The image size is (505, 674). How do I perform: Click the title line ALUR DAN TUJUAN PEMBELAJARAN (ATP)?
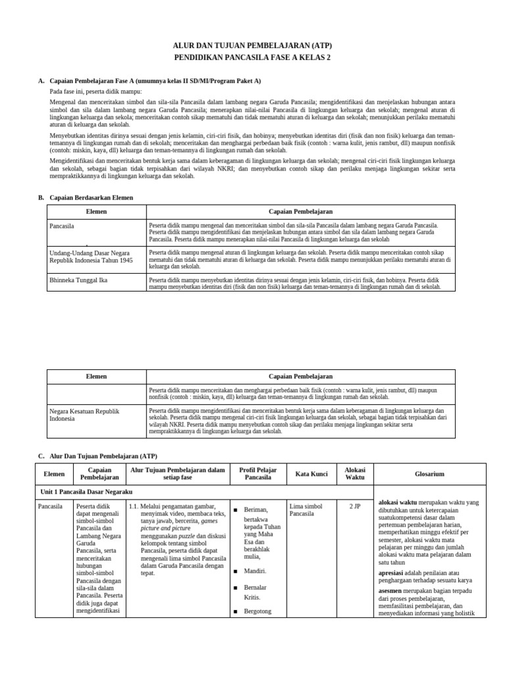pyautogui.click(x=252, y=45)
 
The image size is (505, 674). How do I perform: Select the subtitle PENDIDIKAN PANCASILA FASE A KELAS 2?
pyautogui.click(x=252, y=58)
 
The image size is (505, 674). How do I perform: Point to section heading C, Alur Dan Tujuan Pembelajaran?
pyautogui.click(x=103, y=456)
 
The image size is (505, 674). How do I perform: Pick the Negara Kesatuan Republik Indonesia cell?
pyautogui.click(x=85, y=415)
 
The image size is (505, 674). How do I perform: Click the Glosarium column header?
pyautogui.click(x=429, y=474)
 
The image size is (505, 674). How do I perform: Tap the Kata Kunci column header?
pyautogui.click(x=311, y=474)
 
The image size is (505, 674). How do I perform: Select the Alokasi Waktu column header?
pyautogui.click(x=354, y=474)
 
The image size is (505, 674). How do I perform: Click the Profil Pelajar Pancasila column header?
pyautogui.click(x=258, y=474)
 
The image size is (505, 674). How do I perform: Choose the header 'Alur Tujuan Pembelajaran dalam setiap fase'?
pyautogui.click(x=178, y=474)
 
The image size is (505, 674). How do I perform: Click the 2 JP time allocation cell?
pyautogui.click(x=354, y=506)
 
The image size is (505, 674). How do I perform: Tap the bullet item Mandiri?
pyautogui.click(x=256, y=571)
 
